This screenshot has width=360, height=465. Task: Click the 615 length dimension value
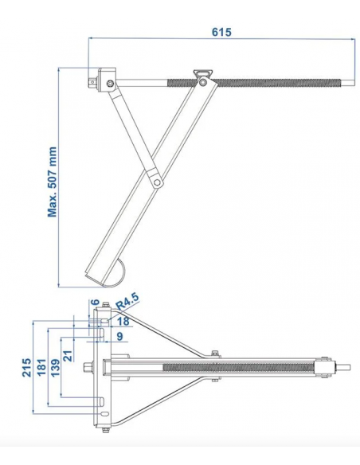coord(221,32)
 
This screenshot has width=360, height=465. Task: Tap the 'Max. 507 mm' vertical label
coord(53,181)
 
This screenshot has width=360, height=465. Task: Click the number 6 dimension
coord(96,303)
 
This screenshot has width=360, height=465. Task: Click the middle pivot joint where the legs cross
coord(158,182)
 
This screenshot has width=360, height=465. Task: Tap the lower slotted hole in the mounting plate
coord(101,401)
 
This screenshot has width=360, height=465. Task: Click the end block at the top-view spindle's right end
coord(324,367)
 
